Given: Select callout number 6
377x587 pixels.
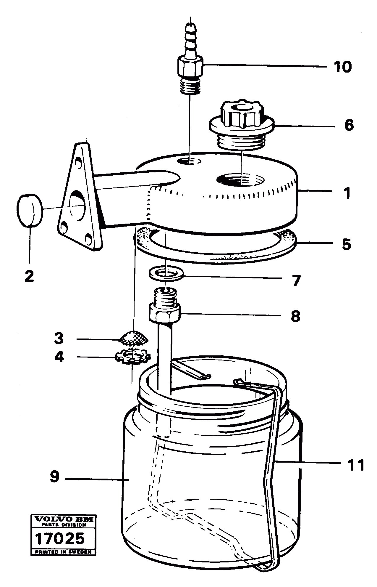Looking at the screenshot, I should (x=349, y=126).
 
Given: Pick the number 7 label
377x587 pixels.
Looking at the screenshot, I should (x=296, y=280).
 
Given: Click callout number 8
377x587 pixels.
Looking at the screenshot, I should (x=295, y=316).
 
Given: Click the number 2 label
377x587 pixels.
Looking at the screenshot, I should (x=29, y=276).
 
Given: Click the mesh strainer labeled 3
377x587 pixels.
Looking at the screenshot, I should (x=134, y=338).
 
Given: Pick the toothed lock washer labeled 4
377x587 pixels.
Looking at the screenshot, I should (x=133, y=356).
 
